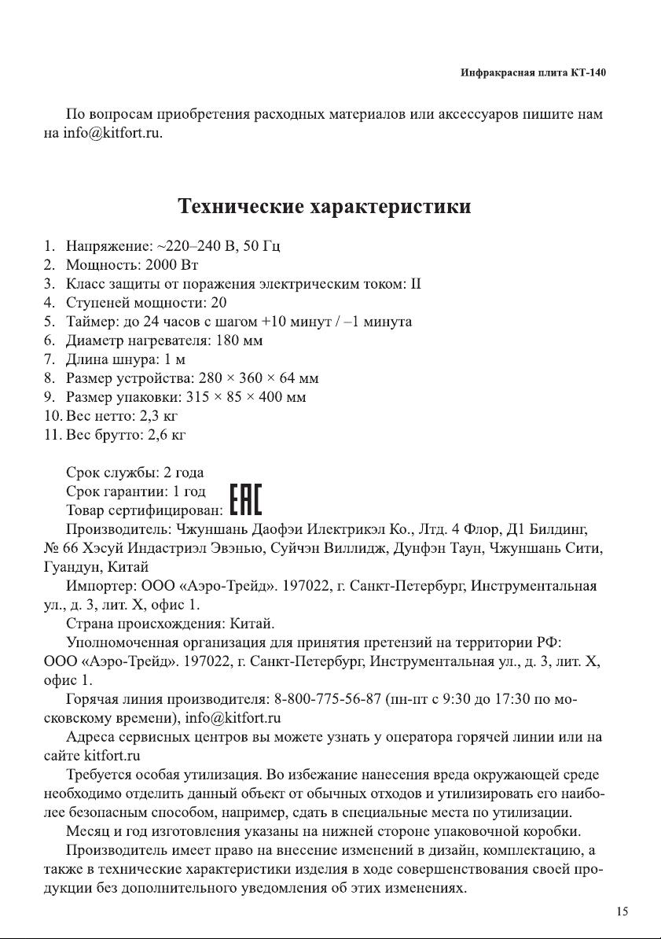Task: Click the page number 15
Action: click(622, 911)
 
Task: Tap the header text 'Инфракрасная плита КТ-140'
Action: click(533, 73)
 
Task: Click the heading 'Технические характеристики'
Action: click(325, 207)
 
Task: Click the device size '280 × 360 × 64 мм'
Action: click(259, 378)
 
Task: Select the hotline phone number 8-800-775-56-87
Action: click(329, 698)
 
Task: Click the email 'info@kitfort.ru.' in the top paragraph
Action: click(113, 133)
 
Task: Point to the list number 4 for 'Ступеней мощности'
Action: click(49, 302)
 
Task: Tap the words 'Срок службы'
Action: click(112, 473)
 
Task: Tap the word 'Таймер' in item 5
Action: click(90, 322)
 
